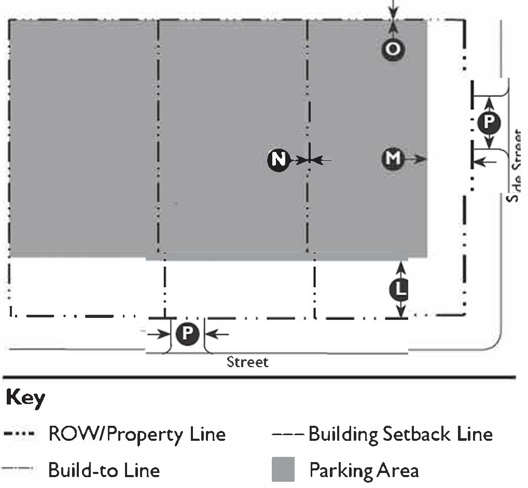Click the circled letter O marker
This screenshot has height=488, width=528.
(x=393, y=49)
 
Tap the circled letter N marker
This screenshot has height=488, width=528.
(x=279, y=160)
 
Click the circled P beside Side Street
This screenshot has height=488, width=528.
(x=488, y=122)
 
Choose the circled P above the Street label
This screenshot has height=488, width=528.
(x=187, y=334)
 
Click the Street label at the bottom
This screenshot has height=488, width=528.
(x=247, y=361)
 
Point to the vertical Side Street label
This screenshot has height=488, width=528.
(x=515, y=166)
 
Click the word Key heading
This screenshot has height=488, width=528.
(x=25, y=398)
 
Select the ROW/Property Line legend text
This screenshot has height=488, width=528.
(x=137, y=434)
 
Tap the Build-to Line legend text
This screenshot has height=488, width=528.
(x=104, y=470)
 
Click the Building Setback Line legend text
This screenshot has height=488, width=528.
(x=400, y=434)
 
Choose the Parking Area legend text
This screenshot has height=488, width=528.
(x=364, y=470)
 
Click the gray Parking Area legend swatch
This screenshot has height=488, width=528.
(x=283, y=469)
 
